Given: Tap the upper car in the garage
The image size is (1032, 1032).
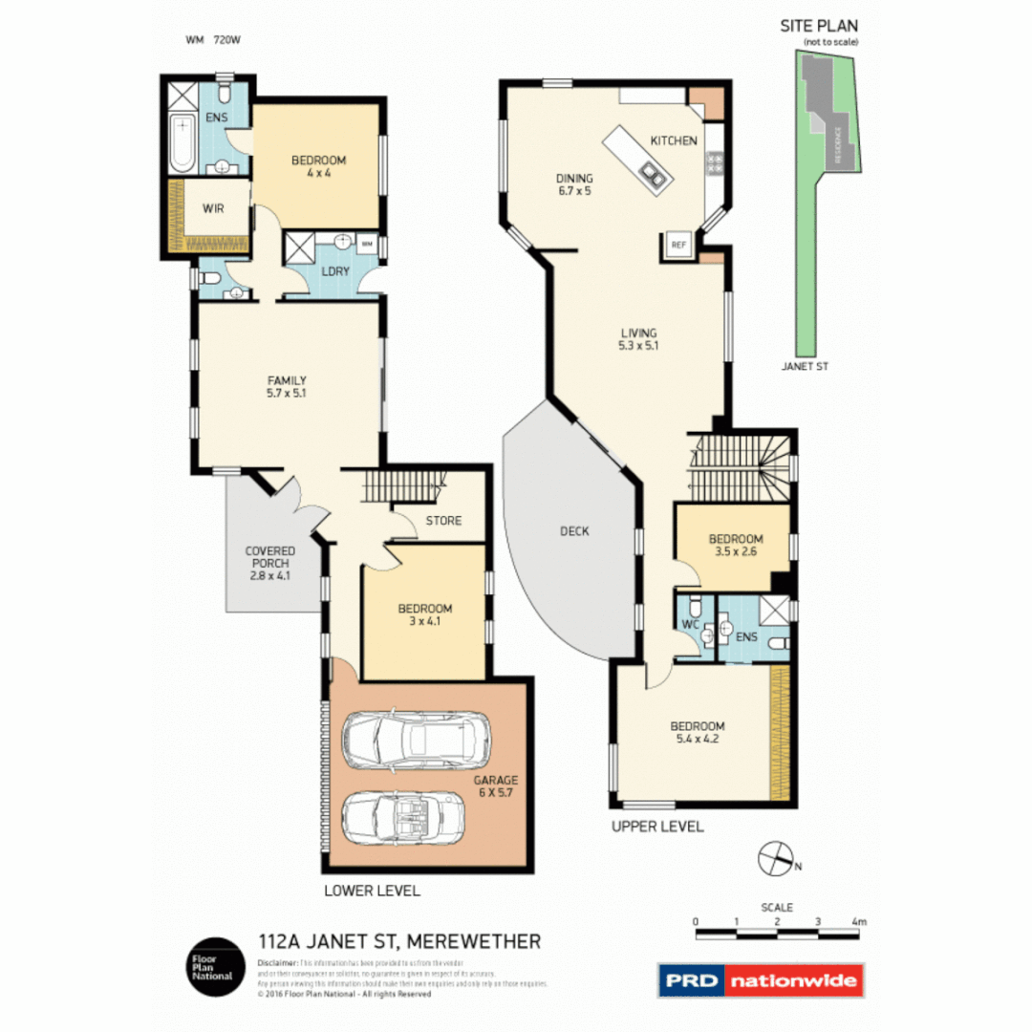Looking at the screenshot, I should click(x=417, y=741).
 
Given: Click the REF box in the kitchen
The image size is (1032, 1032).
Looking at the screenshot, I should click(x=679, y=245).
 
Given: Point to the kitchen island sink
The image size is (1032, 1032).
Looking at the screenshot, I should click(x=654, y=173).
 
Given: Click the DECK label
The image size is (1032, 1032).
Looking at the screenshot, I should click(x=575, y=531).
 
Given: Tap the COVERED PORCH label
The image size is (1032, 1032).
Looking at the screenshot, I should click(x=269, y=563).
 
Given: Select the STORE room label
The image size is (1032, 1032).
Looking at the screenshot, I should click(x=443, y=521).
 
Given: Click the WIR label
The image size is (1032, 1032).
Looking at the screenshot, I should click(x=213, y=207).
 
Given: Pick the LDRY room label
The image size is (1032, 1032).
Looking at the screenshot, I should click(x=335, y=271).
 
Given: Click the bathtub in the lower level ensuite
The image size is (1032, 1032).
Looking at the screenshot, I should click(x=182, y=141).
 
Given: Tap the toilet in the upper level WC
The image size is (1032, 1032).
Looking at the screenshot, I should click(x=695, y=609).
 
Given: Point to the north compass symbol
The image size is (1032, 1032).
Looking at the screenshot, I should click(x=776, y=858).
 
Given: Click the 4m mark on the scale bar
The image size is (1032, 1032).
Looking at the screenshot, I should click(x=859, y=922).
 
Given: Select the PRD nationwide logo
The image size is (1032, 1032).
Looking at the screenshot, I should click(x=761, y=980).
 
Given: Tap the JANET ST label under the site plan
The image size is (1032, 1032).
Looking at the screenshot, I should click(x=804, y=364).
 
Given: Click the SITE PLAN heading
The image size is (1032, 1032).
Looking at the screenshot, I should click(x=820, y=28).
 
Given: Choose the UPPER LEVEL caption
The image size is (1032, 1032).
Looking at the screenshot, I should click(x=657, y=826).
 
